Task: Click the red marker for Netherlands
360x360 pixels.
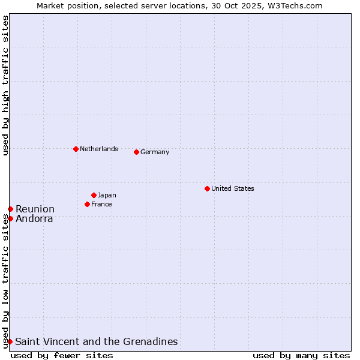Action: tap(76, 149)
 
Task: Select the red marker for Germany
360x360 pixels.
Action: tap(136, 152)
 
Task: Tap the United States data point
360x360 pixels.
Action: tap(207, 188)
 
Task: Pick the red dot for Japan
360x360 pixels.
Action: tap(94, 195)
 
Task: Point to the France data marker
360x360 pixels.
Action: tap(87, 204)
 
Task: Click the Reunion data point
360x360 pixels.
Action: tap(10, 209)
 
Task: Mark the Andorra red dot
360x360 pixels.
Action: tap(10, 218)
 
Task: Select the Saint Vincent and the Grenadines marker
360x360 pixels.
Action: tap(10, 341)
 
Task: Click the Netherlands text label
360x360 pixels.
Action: tap(99, 149)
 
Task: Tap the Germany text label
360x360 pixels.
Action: tap(155, 152)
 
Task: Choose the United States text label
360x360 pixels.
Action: tap(233, 188)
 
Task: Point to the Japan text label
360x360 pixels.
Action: tap(107, 195)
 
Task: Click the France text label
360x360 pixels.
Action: tap(101, 204)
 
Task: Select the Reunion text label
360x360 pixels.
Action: tap(35, 209)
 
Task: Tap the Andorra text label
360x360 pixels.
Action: tap(34, 218)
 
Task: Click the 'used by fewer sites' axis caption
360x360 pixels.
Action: tap(62, 355)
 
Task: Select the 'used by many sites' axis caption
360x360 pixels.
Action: tap(301, 355)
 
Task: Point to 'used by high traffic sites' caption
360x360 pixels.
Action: tap(5, 85)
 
